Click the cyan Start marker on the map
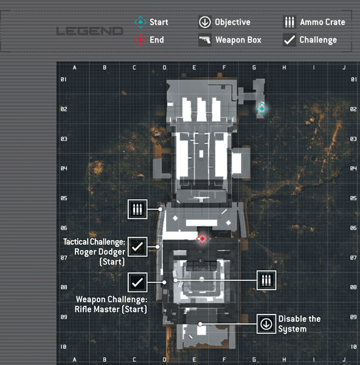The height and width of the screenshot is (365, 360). click(x=262, y=108)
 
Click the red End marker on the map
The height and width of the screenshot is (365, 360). click(x=202, y=238)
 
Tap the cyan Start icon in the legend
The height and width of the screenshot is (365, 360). click(x=140, y=22)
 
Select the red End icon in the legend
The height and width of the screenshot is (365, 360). click(x=140, y=40)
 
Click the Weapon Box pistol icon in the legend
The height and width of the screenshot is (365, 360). click(x=205, y=40)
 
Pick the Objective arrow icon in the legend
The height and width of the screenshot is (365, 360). click(x=205, y=22)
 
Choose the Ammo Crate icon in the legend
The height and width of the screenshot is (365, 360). click(x=289, y=22)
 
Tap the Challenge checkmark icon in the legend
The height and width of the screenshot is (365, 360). click(x=289, y=40)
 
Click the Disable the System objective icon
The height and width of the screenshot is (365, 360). click(x=266, y=324)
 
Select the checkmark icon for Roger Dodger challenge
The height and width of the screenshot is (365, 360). click(x=137, y=247)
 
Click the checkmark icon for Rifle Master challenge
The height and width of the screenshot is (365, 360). click(x=137, y=282)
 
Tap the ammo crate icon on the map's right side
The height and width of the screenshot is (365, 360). click(x=266, y=280)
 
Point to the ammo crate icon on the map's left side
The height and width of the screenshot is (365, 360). click(x=137, y=209)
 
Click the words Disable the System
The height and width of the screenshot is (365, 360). click(x=299, y=324)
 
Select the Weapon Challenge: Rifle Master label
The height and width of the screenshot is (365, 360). click(x=111, y=304)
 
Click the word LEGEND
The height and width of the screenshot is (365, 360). click(x=89, y=31)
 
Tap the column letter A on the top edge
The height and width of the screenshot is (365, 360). click(x=74, y=68)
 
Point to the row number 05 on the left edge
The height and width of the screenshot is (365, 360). click(x=64, y=198)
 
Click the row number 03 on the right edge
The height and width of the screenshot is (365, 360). click(x=353, y=139)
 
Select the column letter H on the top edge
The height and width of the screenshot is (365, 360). click(x=284, y=68)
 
